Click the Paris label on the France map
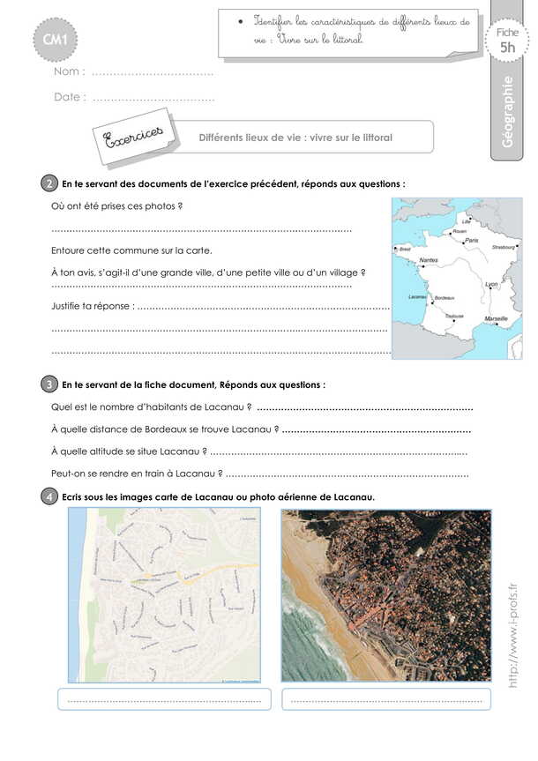472,240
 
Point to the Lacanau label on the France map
417,297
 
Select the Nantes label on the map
430,260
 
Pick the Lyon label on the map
491,285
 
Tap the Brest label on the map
406,250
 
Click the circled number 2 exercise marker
49,184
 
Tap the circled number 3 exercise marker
49,384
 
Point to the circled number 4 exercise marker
49,496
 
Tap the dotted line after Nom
153,72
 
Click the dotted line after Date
153,98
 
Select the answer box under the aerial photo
386,699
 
